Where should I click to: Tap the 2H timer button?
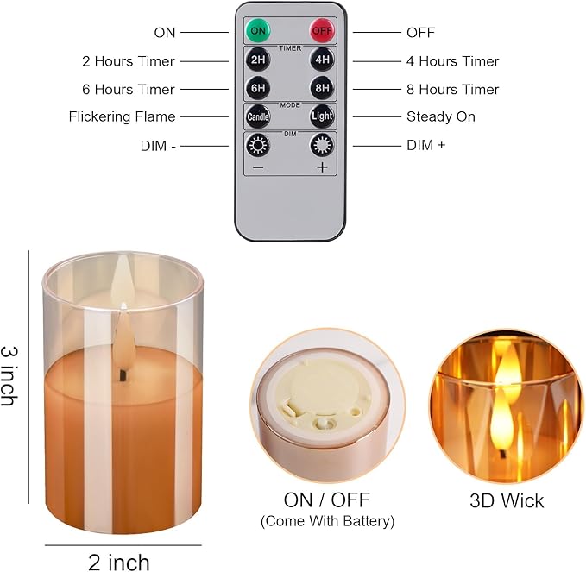pos(258,61)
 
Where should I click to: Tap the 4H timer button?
pos(322,61)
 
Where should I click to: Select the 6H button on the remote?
pos(258,89)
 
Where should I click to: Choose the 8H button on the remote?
pos(322,89)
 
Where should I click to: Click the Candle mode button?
pos(258,116)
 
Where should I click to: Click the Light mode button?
pos(322,116)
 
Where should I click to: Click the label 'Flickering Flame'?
pos(122,116)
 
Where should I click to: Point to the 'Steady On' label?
pos(440,116)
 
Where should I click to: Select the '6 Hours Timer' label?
pos(128,89)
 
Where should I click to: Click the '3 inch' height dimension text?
pos(10,376)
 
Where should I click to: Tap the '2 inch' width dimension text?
pos(119,563)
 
